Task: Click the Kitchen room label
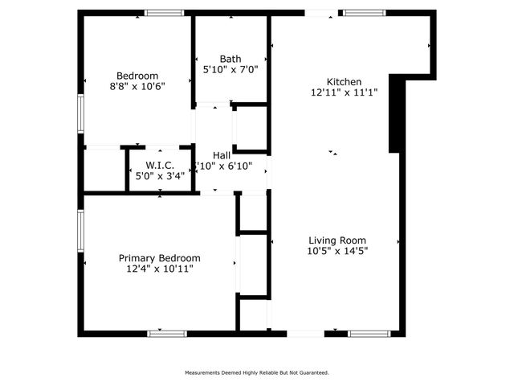click(x=344, y=81)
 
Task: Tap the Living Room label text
click(x=338, y=240)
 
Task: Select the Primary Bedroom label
click(x=160, y=258)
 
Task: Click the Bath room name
click(x=230, y=59)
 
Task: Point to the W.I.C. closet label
click(x=160, y=165)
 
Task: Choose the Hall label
click(x=222, y=155)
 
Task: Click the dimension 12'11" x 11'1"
click(x=344, y=92)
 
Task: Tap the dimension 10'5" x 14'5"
click(x=338, y=251)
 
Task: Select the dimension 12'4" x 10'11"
click(x=160, y=269)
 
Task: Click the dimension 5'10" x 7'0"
click(x=230, y=70)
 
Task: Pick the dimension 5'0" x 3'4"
click(x=160, y=175)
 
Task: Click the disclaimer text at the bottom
click(x=256, y=372)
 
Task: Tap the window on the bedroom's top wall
click(x=165, y=13)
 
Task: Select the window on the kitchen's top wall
click(x=366, y=13)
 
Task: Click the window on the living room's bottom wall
click(x=370, y=333)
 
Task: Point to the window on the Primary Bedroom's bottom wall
click(x=168, y=333)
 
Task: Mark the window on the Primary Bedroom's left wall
click(x=80, y=233)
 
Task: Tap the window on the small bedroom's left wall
click(x=80, y=113)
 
